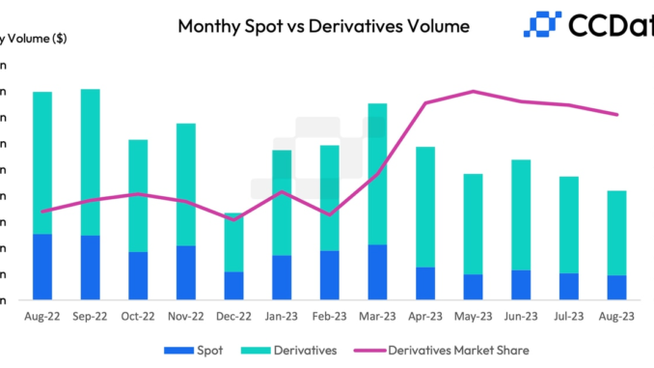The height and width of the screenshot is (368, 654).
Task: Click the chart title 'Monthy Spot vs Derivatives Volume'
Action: tap(323, 26)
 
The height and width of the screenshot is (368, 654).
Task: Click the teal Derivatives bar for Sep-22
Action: tap(90, 162)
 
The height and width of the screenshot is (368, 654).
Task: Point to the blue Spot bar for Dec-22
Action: tap(233, 285)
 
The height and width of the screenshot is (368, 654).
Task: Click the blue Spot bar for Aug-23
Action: tap(616, 287)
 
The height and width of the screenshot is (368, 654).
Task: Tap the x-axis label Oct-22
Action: tap(138, 316)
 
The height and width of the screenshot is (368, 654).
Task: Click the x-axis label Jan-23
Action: tap(282, 316)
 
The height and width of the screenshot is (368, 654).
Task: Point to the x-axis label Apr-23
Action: tap(425, 316)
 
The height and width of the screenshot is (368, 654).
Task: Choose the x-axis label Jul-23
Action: tap(569, 316)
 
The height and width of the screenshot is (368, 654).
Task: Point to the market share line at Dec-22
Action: tap(233, 219)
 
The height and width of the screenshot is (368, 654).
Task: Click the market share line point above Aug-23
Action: tap(616, 114)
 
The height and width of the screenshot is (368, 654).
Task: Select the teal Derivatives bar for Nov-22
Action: tap(185, 184)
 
